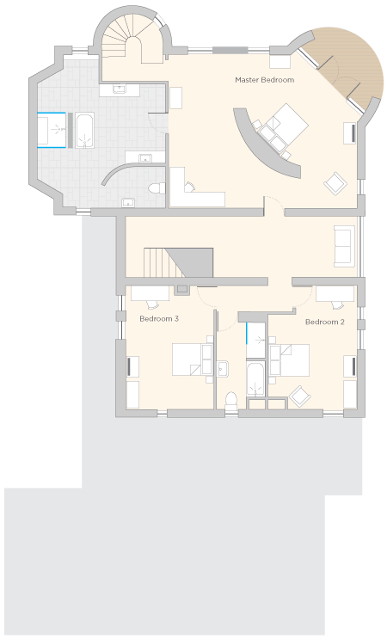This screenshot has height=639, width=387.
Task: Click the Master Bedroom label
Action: click(x=264, y=80)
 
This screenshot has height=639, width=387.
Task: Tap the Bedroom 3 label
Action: click(x=159, y=319)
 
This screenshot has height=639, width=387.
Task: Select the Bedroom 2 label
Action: click(x=325, y=322)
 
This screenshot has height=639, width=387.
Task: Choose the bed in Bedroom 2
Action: click(x=289, y=360)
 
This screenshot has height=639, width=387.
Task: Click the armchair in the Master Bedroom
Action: click(x=335, y=183)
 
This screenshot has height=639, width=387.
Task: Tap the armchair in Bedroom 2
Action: click(x=301, y=396)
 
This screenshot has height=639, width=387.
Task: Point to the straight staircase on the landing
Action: click(x=178, y=262)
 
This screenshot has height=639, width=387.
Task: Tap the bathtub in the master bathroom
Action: click(x=85, y=131)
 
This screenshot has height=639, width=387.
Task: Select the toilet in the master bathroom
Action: click(x=157, y=188)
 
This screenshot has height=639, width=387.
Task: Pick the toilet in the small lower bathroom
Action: click(x=231, y=399)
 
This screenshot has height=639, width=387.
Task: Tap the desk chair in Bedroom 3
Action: click(x=151, y=304)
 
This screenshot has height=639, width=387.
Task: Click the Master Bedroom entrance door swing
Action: click(x=274, y=203)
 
